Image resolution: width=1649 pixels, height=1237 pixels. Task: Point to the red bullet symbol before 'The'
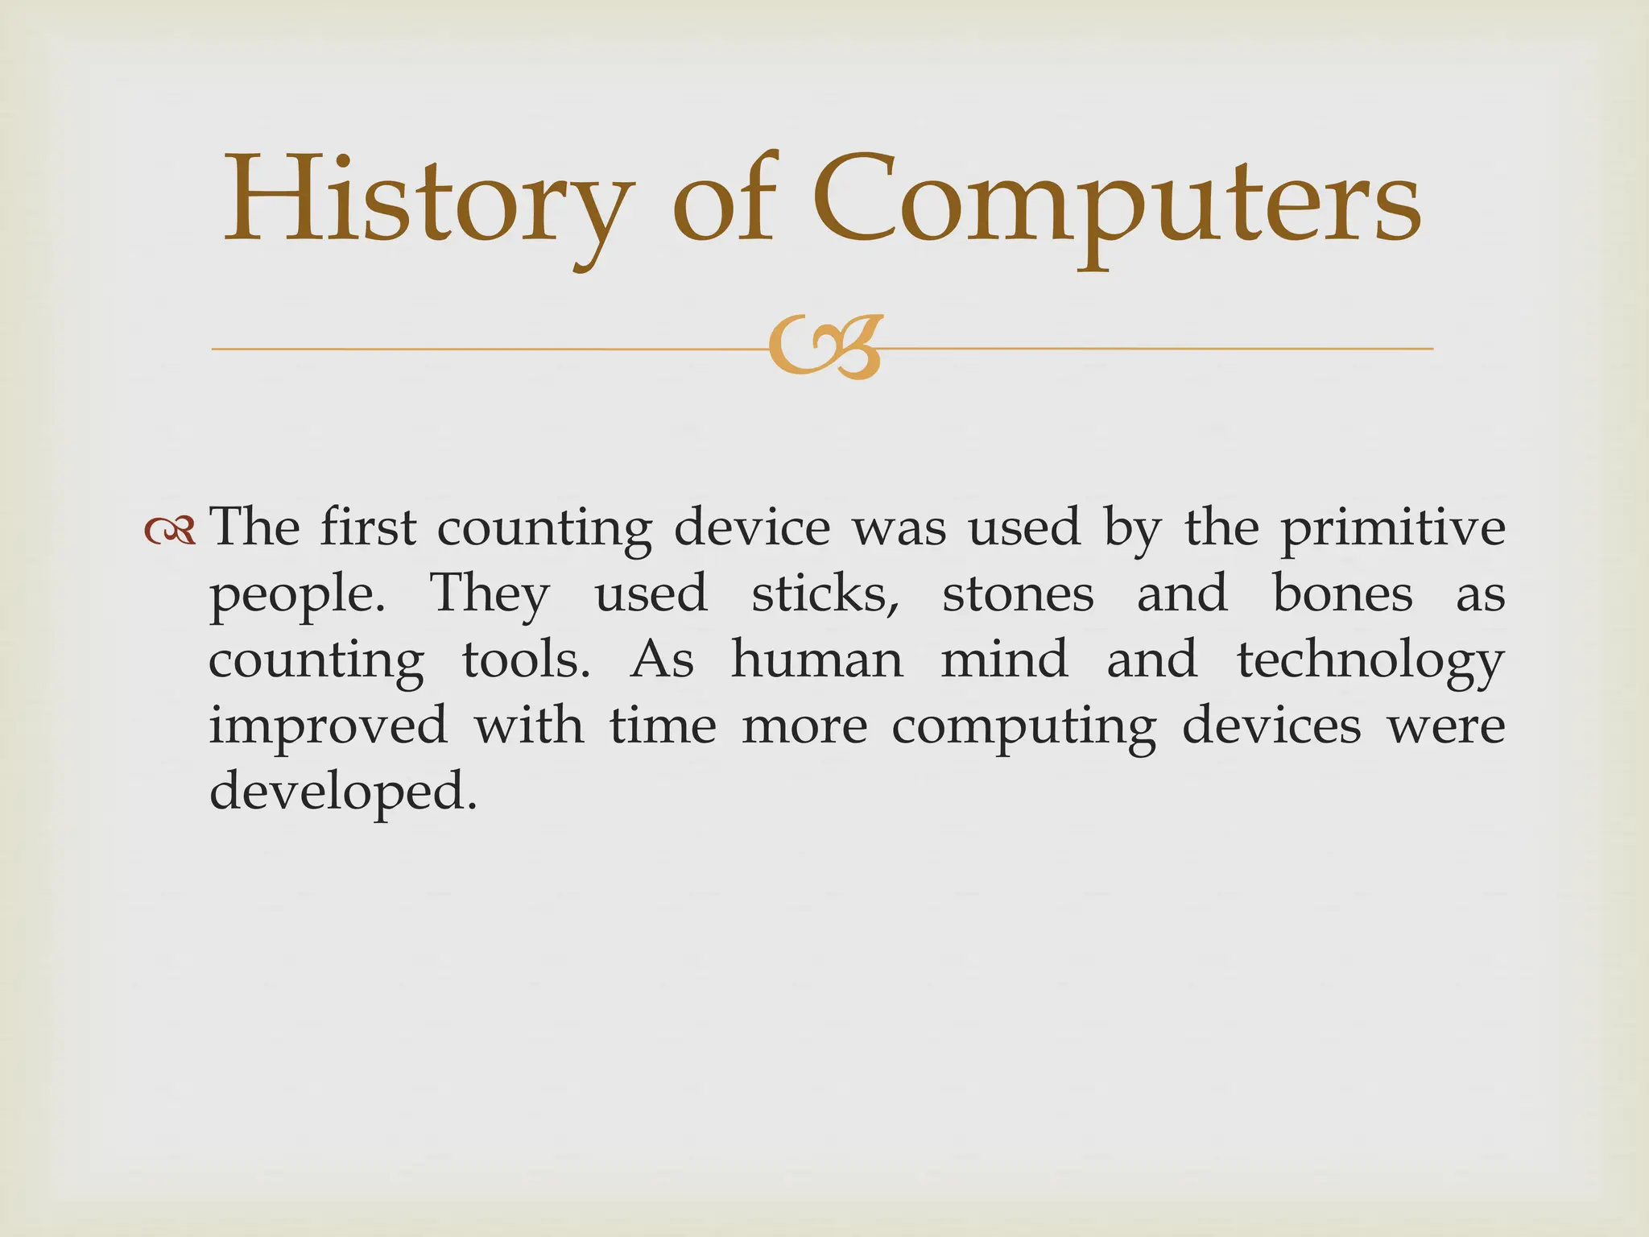point(170,531)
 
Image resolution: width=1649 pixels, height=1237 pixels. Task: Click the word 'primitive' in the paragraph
point(1393,529)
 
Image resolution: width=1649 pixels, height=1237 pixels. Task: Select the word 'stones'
point(1018,594)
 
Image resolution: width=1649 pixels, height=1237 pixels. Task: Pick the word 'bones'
point(1342,594)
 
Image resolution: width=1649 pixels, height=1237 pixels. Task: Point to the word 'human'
point(816,660)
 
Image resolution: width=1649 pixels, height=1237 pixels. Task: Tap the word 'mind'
point(1004,660)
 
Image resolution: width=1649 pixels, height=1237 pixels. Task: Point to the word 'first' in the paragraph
point(368,529)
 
